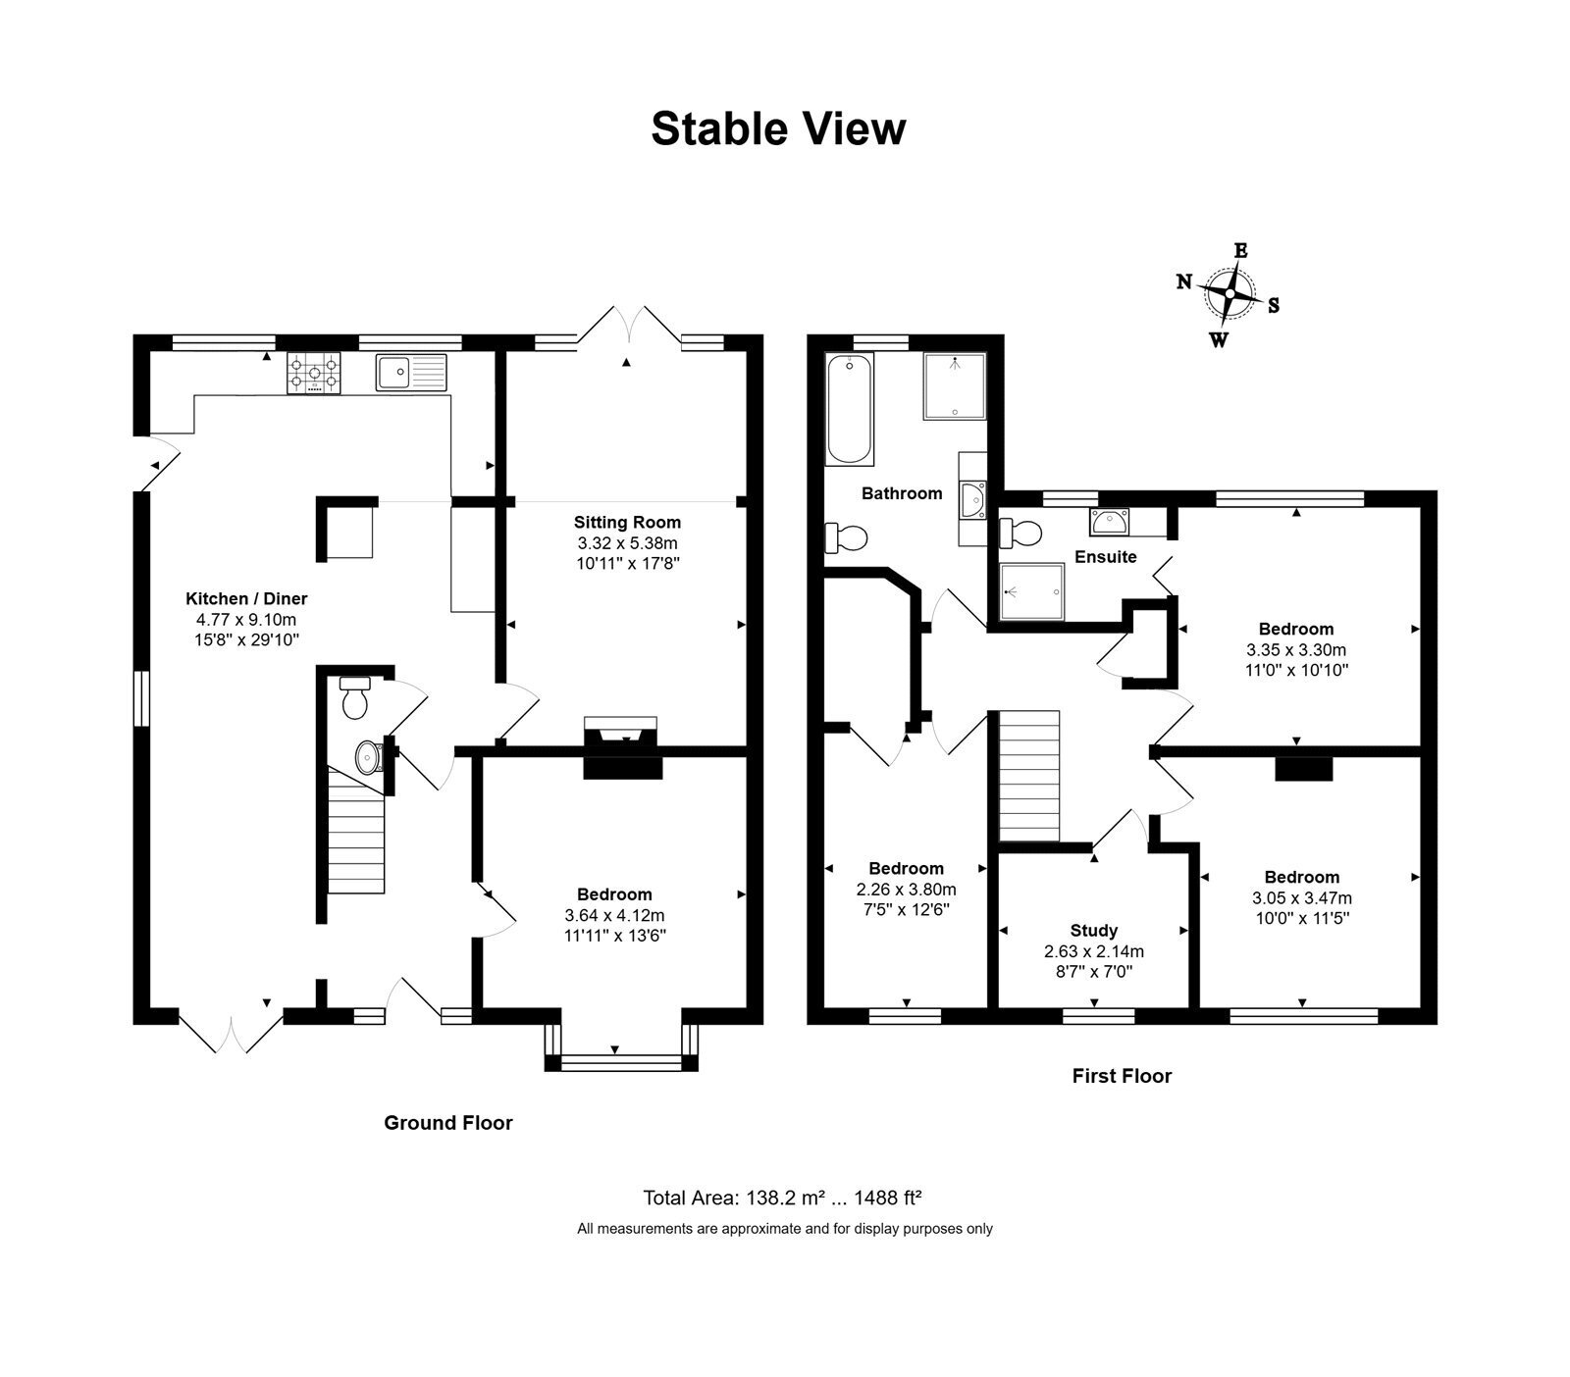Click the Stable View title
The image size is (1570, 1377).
[x=778, y=128]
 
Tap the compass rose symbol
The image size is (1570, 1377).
[x=1229, y=293]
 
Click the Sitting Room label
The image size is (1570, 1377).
[x=627, y=522]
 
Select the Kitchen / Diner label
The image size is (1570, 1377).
[x=246, y=598]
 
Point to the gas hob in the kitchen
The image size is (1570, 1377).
[x=314, y=374]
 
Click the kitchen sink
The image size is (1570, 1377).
[x=410, y=373]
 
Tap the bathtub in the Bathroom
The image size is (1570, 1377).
[x=850, y=409]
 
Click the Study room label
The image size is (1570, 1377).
[x=1093, y=931]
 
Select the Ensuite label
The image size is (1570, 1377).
[x=1106, y=557]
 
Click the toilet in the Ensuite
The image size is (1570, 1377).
[x=1020, y=534]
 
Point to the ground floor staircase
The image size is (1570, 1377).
[x=355, y=832]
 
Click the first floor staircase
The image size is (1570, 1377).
[x=1030, y=776]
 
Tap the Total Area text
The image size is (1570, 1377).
[x=782, y=1198]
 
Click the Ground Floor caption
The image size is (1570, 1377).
[x=448, y=1123]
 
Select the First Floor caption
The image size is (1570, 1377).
[x=1122, y=1076]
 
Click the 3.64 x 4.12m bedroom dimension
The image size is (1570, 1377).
[x=614, y=915]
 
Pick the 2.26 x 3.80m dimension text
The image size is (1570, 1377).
[x=907, y=890]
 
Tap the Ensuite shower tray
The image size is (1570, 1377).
[x=1031, y=592]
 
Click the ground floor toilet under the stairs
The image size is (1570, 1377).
[x=353, y=695]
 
